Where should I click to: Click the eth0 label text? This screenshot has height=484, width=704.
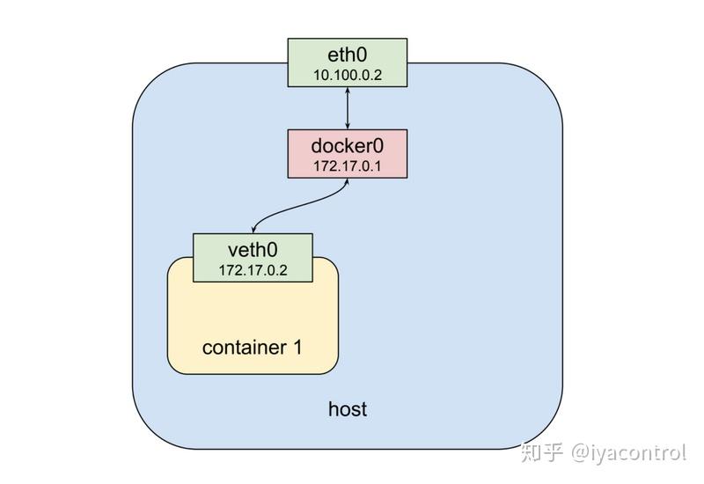[348, 55]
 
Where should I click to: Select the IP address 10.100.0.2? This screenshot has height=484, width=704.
[348, 74]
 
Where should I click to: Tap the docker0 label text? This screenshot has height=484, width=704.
[348, 145]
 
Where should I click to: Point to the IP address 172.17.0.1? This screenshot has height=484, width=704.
[348, 165]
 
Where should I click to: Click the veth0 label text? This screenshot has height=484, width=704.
[253, 250]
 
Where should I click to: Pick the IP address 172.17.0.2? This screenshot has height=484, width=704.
[253, 269]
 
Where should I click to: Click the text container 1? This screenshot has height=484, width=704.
[252, 347]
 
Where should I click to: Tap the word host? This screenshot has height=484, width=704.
[347, 409]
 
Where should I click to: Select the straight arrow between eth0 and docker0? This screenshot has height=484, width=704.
[348, 108]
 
